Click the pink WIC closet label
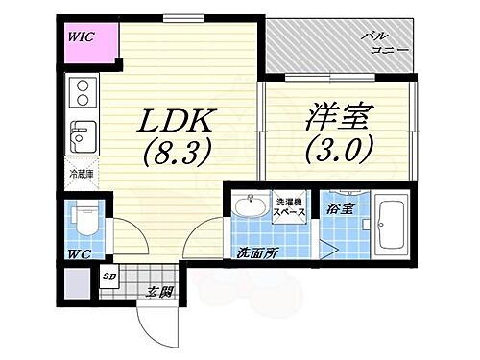pyautogui.click(x=80, y=37)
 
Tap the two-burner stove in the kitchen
pyautogui.click(x=83, y=94)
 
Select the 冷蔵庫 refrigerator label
pyautogui.click(x=81, y=176)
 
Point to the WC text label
pyautogui.click(x=79, y=256)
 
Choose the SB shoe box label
pyautogui.click(x=108, y=279)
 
